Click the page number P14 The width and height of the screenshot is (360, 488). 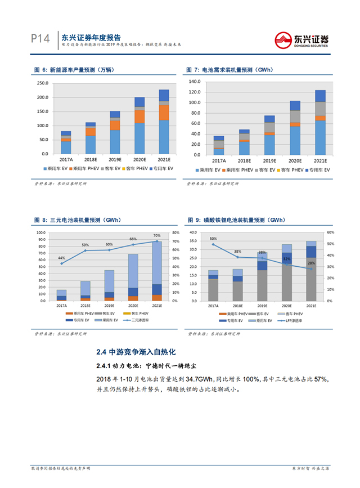coord(41,39)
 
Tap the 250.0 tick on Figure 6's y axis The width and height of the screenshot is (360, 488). coord(41,83)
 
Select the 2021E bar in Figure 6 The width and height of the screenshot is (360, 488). coord(164,121)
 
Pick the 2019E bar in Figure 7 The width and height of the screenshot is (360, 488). coord(269,135)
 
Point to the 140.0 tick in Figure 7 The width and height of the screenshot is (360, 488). coord(195,81)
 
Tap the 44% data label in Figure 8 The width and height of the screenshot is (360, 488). coord(61,258)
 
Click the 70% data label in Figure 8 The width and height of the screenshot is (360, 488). coord(156,236)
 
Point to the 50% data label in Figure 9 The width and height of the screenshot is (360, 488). coord(213,239)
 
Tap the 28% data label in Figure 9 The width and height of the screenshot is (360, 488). coord(311,263)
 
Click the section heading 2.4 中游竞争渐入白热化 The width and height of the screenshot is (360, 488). coord(136,352)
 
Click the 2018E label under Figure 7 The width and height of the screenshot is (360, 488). coord(244,161)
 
